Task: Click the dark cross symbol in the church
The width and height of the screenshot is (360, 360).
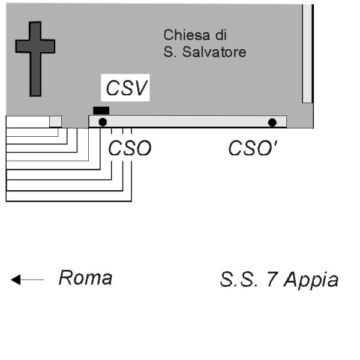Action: pyautogui.click(x=35, y=58)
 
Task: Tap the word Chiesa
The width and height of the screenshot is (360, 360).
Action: pyautogui.click(x=182, y=34)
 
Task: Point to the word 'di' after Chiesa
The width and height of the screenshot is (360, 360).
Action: pyautogui.click(x=223, y=34)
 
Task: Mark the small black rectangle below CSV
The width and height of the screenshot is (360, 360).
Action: pyautogui.click(x=101, y=110)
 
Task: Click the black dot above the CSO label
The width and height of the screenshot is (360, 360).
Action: pyautogui.click(x=103, y=122)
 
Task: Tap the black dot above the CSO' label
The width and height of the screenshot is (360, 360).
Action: pyautogui.click(x=272, y=122)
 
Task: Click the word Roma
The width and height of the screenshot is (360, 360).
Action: pyautogui.click(x=85, y=278)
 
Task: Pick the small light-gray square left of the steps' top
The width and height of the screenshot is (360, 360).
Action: pyautogui.click(x=55, y=121)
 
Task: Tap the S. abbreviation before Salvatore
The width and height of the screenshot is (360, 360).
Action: pyautogui.click(x=169, y=52)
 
